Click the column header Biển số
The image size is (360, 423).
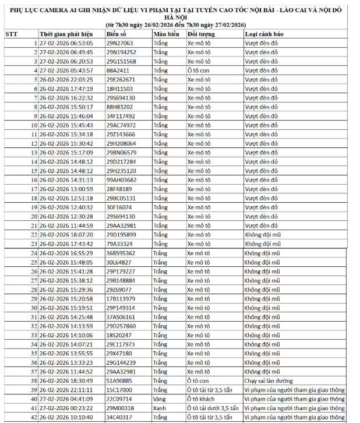coord(116,34)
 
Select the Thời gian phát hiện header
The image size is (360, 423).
coord(66,34)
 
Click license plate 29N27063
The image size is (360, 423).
coord(119,43)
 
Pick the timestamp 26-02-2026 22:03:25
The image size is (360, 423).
coord(66,79)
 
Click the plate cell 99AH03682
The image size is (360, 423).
coord(121,180)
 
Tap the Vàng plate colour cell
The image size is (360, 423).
coord(160,399)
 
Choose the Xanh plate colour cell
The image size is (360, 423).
coord(160,408)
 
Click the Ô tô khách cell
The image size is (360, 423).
coord(201,399)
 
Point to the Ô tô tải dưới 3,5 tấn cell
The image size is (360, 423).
coord(213,408)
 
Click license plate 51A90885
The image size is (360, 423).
coord(119,380)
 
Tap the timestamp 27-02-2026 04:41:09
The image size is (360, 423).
coord(66,399)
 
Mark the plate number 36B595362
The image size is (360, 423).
coord(121,253)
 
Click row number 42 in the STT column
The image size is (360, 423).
coord(34,417)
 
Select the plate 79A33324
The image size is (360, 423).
coord(119,244)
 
